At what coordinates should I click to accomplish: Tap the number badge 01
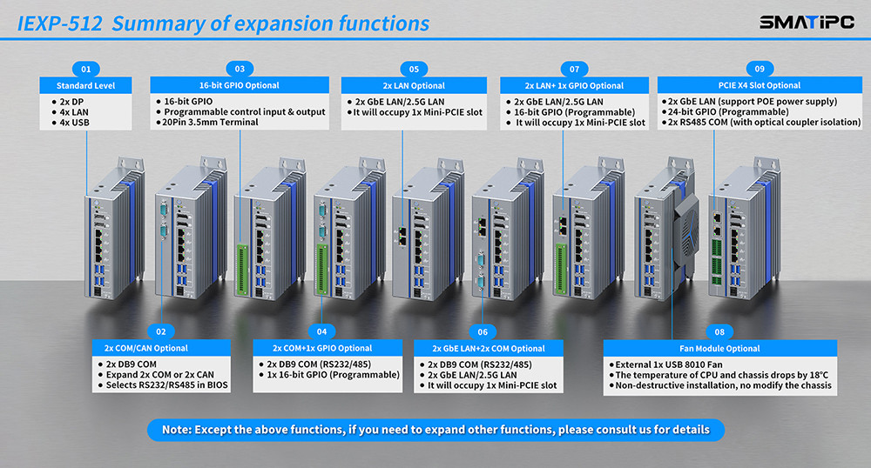click(85, 68)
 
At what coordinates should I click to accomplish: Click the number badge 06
click(483, 331)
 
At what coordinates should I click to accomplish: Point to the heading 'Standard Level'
click(85, 85)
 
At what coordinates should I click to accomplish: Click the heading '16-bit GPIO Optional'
click(240, 85)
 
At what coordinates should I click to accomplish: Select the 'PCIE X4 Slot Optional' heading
click(760, 85)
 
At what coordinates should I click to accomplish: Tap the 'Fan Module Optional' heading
click(719, 348)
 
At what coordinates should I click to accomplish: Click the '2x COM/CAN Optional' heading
click(146, 348)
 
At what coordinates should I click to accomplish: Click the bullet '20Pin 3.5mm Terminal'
click(211, 123)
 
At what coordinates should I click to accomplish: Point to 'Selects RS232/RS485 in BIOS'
click(166, 385)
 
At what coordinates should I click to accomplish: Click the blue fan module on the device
click(687, 230)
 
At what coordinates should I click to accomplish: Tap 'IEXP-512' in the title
click(58, 23)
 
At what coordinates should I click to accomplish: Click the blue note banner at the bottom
click(435, 429)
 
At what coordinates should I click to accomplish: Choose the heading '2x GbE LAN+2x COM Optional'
click(493, 348)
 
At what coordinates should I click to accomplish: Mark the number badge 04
click(322, 331)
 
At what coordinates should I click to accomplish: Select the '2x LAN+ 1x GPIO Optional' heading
click(574, 85)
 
